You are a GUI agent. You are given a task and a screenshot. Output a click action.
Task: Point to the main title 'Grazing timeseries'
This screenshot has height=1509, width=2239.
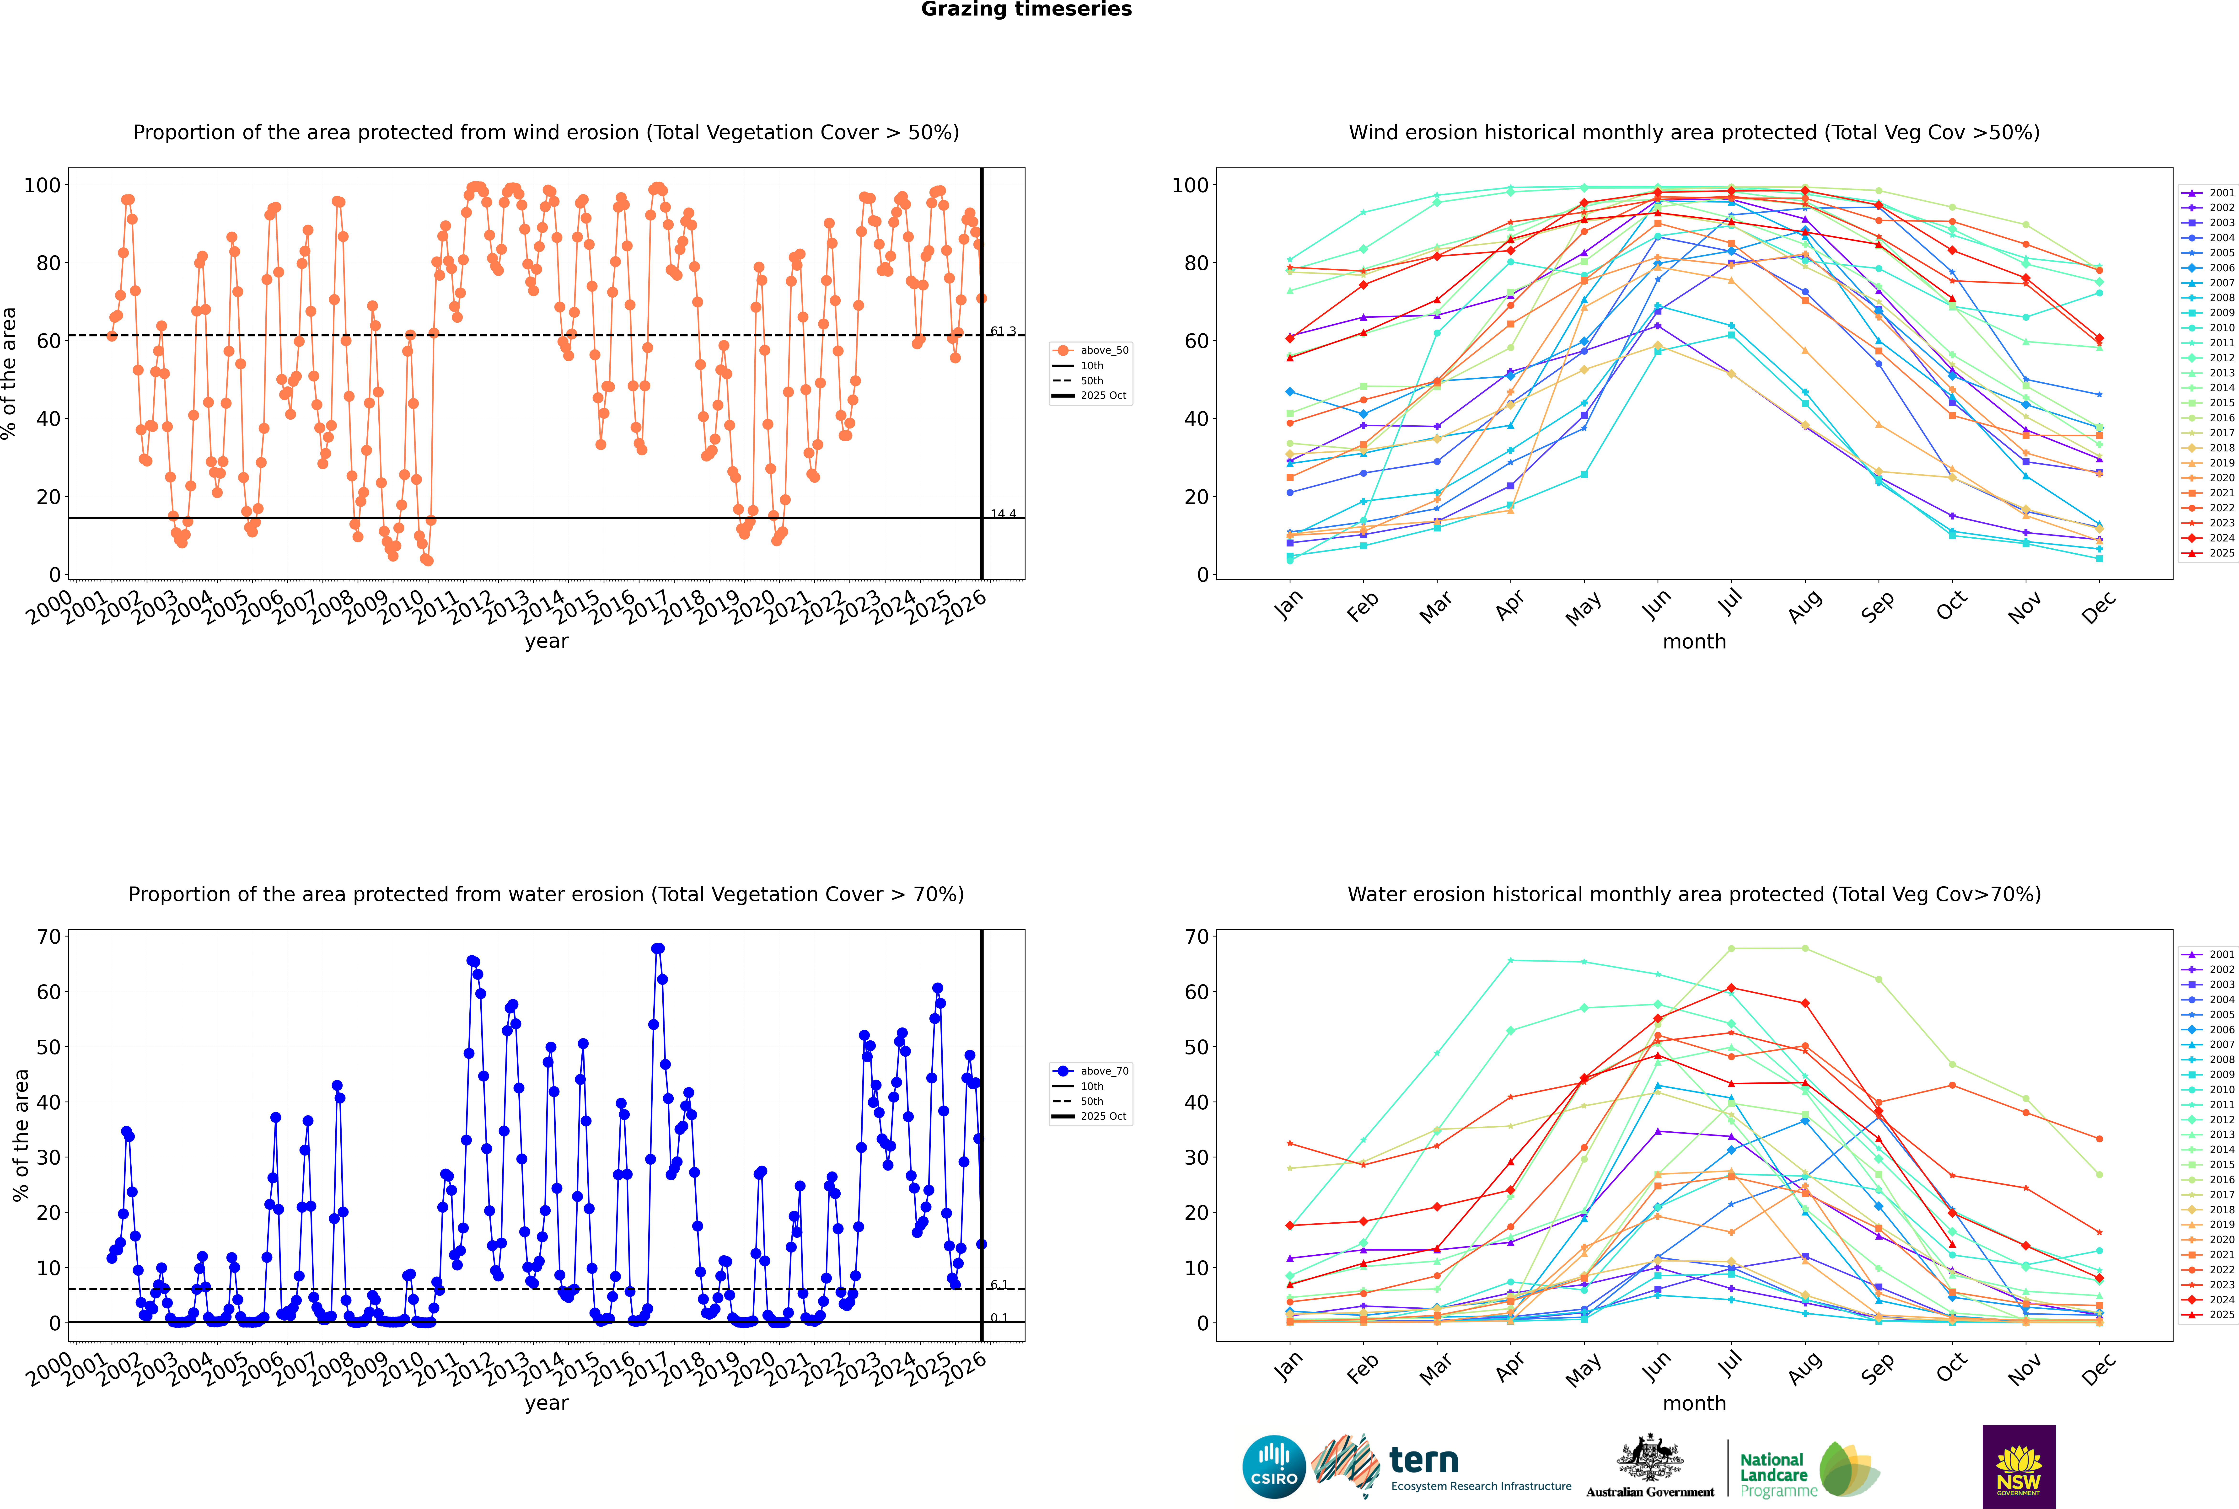click(1026, 10)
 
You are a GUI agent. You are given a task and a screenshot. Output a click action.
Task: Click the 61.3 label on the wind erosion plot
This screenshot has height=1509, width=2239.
click(1003, 331)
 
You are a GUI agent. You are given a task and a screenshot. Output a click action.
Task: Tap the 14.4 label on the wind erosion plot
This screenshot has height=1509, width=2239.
click(1003, 514)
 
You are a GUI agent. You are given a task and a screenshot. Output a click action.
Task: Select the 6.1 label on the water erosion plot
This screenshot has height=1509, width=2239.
click(999, 1285)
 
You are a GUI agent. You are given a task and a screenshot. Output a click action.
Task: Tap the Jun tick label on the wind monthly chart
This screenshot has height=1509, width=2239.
click(1656, 604)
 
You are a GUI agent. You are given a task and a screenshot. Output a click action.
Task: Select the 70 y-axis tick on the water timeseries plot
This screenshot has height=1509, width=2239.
click(48, 936)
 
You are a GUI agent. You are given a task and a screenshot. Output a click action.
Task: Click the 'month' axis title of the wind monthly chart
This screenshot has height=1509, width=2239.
click(1694, 642)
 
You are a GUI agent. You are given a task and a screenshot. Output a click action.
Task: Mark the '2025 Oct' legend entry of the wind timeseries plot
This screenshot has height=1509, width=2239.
click(1102, 396)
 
